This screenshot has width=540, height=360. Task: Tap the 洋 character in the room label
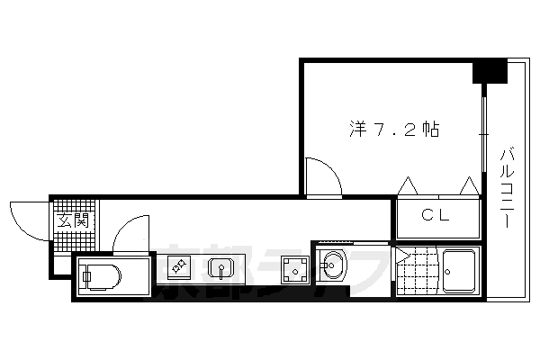(357, 129)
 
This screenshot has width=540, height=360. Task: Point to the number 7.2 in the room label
(393, 129)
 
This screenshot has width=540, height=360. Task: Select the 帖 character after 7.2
(430, 129)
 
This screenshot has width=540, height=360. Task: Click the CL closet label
(437, 216)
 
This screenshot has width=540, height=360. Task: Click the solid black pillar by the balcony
(490, 70)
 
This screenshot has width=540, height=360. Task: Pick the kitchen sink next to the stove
(220, 267)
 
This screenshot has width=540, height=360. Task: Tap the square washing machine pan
(293, 267)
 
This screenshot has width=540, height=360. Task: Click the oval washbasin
(333, 266)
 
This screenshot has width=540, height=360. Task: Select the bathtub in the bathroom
(460, 270)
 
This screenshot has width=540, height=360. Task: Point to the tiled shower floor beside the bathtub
(415, 270)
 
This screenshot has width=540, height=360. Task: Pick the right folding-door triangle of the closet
(469, 186)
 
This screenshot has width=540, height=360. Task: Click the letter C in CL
(429, 216)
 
